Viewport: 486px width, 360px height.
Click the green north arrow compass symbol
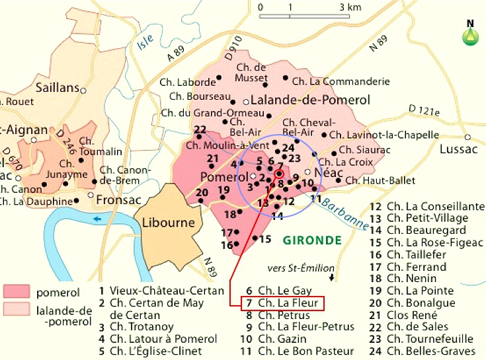[470, 34]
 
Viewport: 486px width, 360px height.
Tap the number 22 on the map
[201, 129]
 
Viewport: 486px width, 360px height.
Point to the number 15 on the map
[265, 238]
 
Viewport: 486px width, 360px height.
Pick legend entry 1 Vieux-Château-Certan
[156, 290]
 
